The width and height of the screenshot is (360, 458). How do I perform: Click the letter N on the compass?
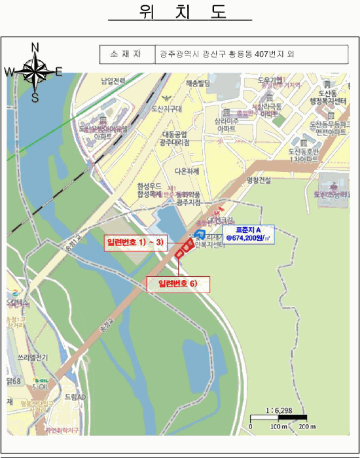click(x=36, y=46)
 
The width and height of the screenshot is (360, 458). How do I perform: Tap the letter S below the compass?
click(x=35, y=97)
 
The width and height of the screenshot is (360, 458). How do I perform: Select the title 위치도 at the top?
click(x=179, y=13)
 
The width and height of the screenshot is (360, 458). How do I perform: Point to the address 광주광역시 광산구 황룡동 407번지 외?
click(x=227, y=54)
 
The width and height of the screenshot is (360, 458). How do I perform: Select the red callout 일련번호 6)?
click(x=178, y=283)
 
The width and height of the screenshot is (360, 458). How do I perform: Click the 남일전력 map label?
click(x=113, y=82)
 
